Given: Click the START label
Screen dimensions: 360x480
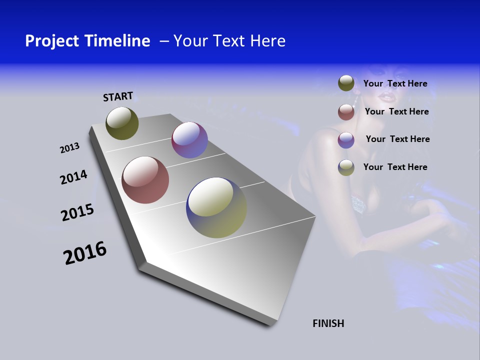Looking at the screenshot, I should (118, 96).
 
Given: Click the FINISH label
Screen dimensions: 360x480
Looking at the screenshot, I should (328, 323).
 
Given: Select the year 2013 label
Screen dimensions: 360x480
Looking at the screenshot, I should (69, 148).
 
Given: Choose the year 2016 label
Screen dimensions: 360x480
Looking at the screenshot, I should (85, 253).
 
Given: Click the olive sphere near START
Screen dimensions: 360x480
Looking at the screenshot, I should (122, 123).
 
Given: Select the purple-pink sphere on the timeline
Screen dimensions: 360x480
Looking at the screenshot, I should (189, 140).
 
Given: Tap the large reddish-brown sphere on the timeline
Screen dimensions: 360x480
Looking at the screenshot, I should (145, 180).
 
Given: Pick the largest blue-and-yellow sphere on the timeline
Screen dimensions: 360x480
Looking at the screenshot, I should (216, 207).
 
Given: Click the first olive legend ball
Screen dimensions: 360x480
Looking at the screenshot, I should (346, 83).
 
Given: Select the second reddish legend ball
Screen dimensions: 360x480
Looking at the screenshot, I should (346, 112).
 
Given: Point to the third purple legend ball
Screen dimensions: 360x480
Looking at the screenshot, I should (346, 140).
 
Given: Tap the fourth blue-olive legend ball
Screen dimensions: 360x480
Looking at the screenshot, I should (346, 167).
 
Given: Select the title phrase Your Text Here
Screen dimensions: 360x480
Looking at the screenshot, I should (229, 41).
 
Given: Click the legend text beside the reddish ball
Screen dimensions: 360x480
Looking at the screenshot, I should (396, 111).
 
